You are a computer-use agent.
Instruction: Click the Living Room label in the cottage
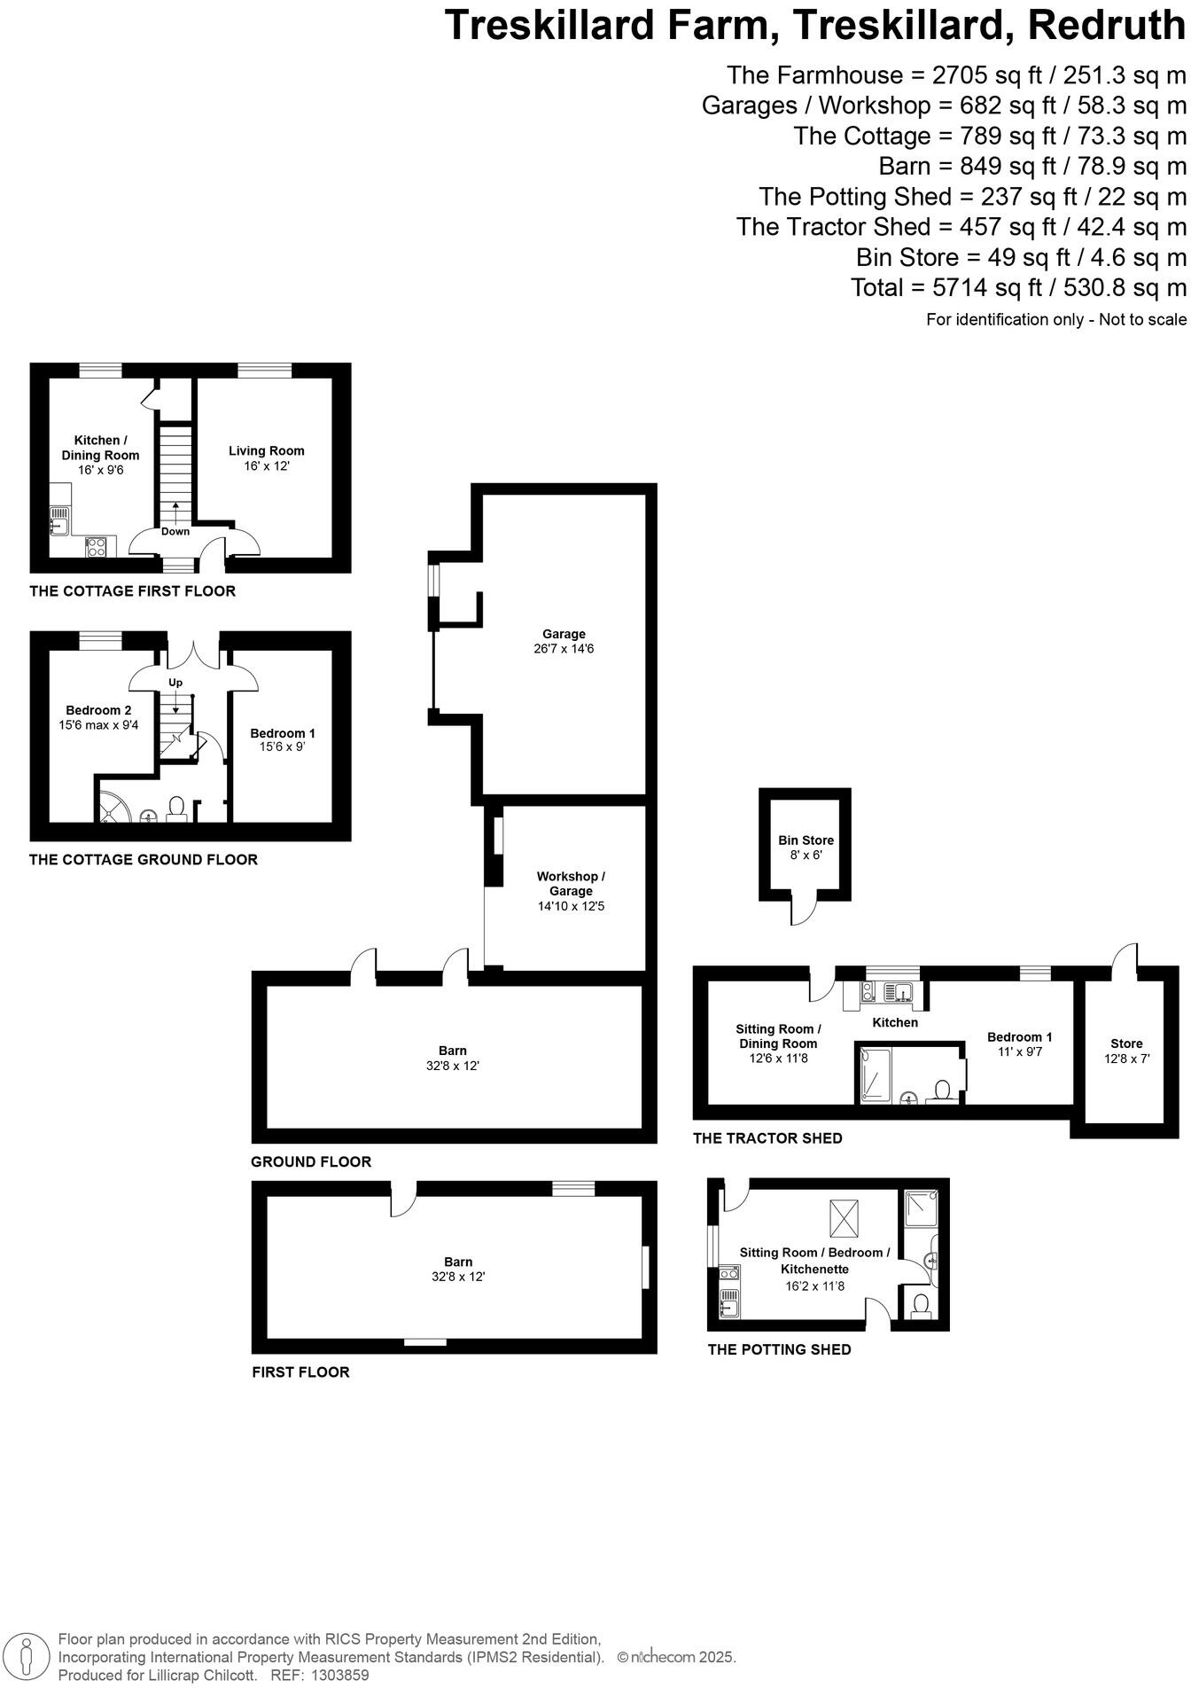click(266, 451)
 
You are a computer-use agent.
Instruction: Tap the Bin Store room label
click(806, 840)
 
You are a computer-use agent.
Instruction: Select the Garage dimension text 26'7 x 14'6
click(564, 649)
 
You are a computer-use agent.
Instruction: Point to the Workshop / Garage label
click(571, 884)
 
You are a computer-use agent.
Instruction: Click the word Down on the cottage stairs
click(175, 532)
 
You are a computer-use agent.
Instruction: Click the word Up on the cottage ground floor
click(175, 683)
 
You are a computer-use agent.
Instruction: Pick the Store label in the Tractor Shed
click(1126, 1043)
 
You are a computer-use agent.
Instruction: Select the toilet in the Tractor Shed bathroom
click(943, 1090)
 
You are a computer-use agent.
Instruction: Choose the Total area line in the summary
click(1017, 288)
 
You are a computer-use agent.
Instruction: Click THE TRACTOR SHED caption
click(767, 1138)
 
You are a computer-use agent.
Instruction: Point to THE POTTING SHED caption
click(779, 1349)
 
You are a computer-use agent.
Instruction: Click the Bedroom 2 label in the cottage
click(98, 710)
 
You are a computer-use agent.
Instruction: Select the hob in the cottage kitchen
click(96, 547)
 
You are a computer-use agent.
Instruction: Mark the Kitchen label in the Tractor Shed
click(895, 1022)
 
